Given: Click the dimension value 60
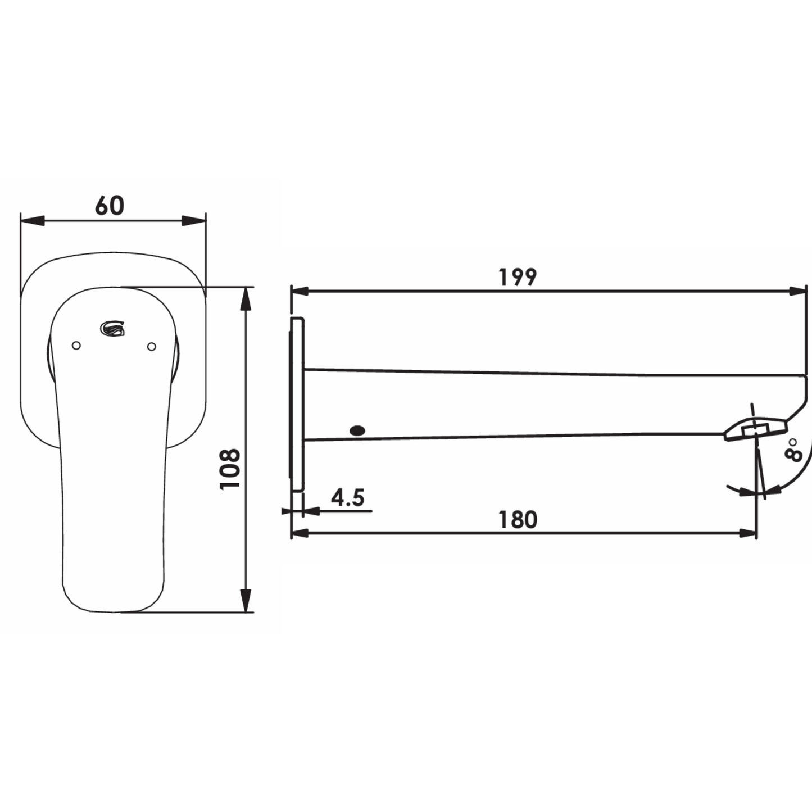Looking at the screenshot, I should pos(110,206).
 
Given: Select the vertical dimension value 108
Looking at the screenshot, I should pos(230,469).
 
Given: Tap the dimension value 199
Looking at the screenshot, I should pos(518,277).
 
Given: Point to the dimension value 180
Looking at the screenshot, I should pos(518,520).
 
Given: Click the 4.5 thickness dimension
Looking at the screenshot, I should pos(347,498).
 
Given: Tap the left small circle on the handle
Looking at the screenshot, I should pos(76,345).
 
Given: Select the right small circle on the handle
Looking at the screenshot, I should pos(151,347).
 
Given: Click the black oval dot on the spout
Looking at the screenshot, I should pos(357,431).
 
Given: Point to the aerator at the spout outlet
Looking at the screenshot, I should pos(754,430).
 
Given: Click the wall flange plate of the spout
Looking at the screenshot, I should pos(297,405).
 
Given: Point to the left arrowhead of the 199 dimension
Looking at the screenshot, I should pos(301,291).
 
